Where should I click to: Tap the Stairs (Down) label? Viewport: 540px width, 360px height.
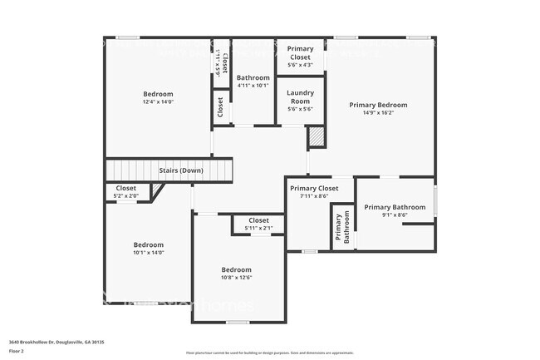pos(181,170)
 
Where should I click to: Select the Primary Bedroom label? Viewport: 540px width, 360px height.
pos(378,105)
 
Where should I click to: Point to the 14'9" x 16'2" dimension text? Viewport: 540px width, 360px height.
pos(378,113)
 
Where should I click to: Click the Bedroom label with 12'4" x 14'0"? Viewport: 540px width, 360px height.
pos(158,94)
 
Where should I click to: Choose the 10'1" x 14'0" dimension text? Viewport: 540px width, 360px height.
pos(149,253)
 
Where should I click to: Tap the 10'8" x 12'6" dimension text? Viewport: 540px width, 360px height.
pos(237,278)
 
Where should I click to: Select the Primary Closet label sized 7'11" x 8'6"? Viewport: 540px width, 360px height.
pos(314,189)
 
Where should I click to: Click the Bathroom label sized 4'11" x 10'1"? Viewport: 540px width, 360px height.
pos(253,78)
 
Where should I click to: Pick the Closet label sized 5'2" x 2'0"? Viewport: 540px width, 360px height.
pos(126,189)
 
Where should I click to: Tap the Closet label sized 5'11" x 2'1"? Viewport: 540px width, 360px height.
pos(258,220)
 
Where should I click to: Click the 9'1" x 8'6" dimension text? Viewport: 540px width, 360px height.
pos(389,215)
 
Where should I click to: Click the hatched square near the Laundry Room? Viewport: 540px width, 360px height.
pos(316,137)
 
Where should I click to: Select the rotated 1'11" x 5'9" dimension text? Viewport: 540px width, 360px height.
pos(217,62)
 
